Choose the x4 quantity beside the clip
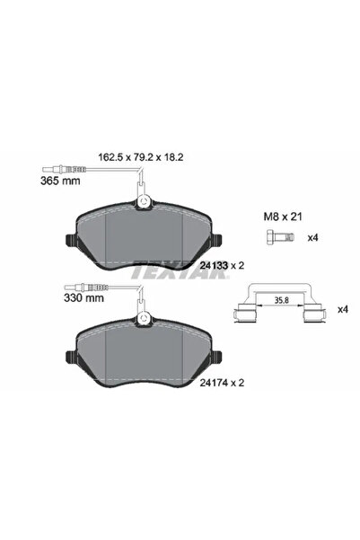[341, 308]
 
